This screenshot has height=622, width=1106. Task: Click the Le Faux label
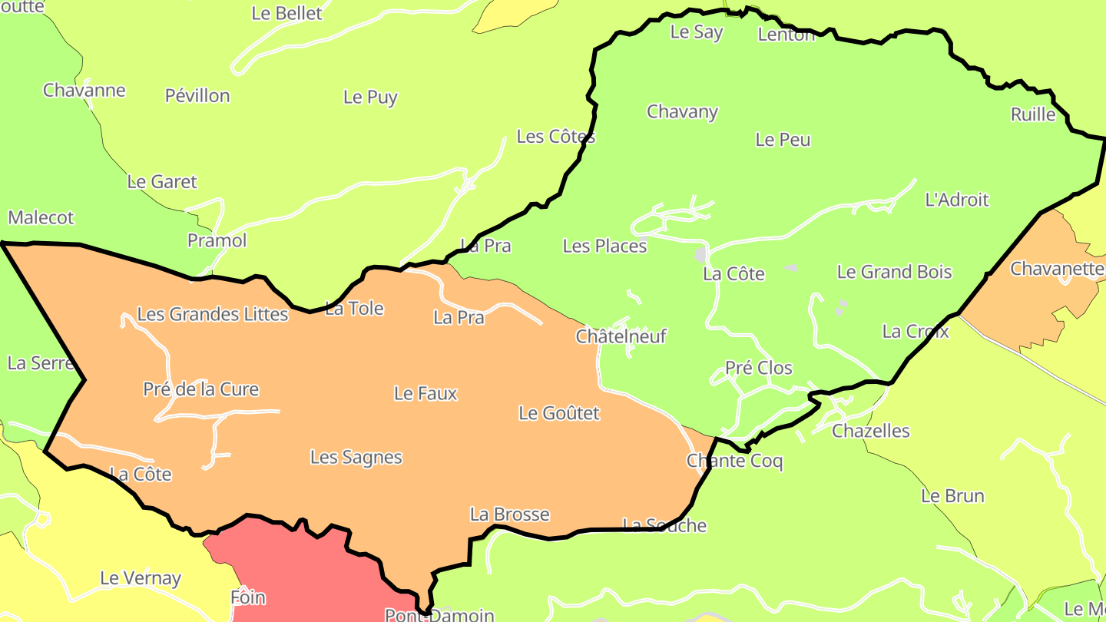pyautogui.click(x=426, y=394)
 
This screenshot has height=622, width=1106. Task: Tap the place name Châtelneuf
pyautogui.click(x=621, y=336)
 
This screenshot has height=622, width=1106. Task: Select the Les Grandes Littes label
pyautogui.click(x=213, y=314)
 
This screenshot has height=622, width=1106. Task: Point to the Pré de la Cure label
pyautogui.click(x=201, y=389)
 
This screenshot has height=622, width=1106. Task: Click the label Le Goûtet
pyautogui.click(x=559, y=413)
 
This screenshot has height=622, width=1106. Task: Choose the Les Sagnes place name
pyautogui.click(x=356, y=458)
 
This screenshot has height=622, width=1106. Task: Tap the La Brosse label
pyautogui.click(x=510, y=514)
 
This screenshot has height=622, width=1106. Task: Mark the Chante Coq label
pyautogui.click(x=734, y=462)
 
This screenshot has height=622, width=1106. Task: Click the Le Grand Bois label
pyautogui.click(x=894, y=272)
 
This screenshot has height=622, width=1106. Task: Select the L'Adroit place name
pyautogui.click(x=957, y=200)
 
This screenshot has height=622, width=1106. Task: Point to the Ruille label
pyautogui.click(x=1033, y=114)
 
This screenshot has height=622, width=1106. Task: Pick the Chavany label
pyautogui.click(x=682, y=112)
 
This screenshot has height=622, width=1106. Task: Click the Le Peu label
pyautogui.click(x=783, y=140)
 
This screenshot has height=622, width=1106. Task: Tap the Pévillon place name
pyautogui.click(x=197, y=96)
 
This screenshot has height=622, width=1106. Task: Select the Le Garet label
pyautogui.click(x=162, y=182)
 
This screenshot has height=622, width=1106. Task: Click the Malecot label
pyautogui.click(x=41, y=218)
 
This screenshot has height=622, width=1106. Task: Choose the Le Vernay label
pyautogui.click(x=141, y=578)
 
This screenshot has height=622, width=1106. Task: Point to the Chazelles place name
pyautogui.click(x=871, y=431)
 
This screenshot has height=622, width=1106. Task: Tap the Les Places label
pyautogui.click(x=604, y=246)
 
